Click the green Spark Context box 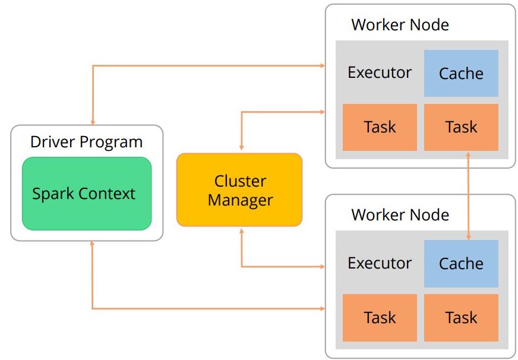coord(87,194)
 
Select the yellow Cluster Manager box coord(239,190)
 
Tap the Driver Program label coord(87,143)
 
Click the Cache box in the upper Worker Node coord(461,73)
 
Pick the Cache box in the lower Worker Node coord(461,263)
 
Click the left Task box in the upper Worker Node coord(380,127)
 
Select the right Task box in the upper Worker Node coord(461,127)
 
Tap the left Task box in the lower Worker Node coord(380,318)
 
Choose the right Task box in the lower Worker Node coord(461,318)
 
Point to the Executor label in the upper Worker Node coord(380,72)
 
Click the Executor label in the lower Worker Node coord(380,263)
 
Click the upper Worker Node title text coord(400,25)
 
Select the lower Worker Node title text coord(400,214)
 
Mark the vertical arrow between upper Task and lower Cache coord(469,195)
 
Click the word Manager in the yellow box coord(239,200)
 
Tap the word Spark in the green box coord(50,194)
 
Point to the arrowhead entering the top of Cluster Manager coord(241,149)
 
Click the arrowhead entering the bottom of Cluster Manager coord(241,231)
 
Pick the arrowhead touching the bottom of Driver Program coord(93,245)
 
